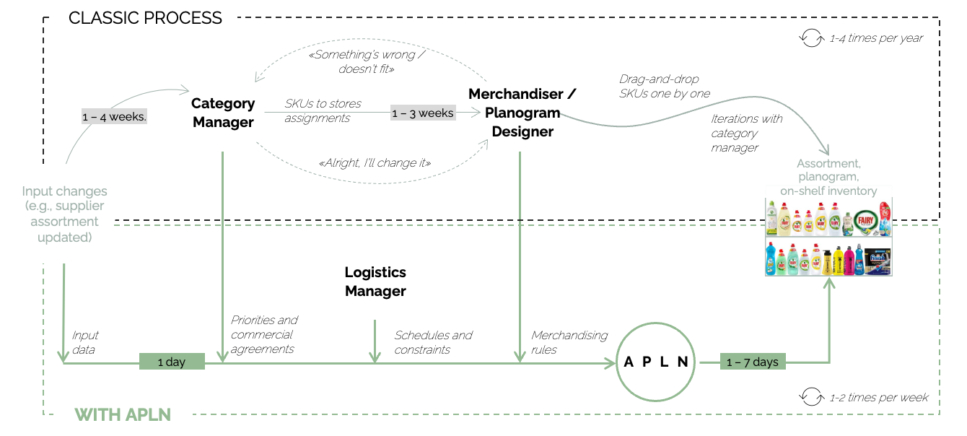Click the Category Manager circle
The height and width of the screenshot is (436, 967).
point(223,113)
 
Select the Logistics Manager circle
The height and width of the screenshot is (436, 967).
point(375,282)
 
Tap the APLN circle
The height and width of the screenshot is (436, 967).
point(656,362)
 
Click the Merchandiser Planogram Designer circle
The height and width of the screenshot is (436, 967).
point(520,113)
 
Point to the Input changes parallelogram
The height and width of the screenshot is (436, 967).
point(64,213)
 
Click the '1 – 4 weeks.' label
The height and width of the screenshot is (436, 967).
point(114,116)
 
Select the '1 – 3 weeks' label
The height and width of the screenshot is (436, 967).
point(423,113)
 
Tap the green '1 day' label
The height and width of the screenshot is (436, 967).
point(172,362)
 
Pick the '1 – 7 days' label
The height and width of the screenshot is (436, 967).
point(752,362)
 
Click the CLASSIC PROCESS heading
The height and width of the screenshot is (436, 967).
point(145,17)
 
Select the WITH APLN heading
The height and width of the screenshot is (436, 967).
point(123,414)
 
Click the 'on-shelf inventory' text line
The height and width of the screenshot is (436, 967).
point(828,191)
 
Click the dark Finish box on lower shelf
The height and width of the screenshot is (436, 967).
point(879,261)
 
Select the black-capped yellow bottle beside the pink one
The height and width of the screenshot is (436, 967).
point(838,261)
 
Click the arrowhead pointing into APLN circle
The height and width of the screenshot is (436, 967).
point(611,362)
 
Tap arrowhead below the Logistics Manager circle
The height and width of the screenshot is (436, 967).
point(375,357)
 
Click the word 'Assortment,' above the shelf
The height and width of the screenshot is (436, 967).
point(828,164)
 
